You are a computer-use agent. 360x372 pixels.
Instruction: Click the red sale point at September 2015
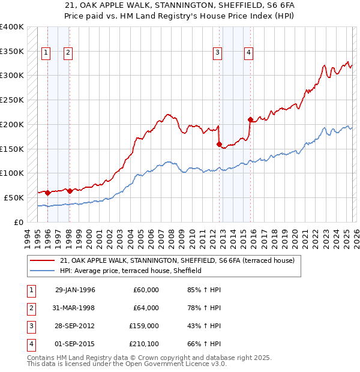(x=250, y=119)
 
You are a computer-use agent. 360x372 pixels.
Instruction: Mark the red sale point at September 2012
(x=220, y=144)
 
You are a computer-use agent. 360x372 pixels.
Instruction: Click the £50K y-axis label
(x=14, y=197)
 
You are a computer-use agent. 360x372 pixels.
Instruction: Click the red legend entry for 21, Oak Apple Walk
(x=177, y=261)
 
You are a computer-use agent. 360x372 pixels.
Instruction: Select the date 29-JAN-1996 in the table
(x=75, y=290)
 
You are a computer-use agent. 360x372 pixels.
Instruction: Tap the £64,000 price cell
(x=146, y=308)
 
